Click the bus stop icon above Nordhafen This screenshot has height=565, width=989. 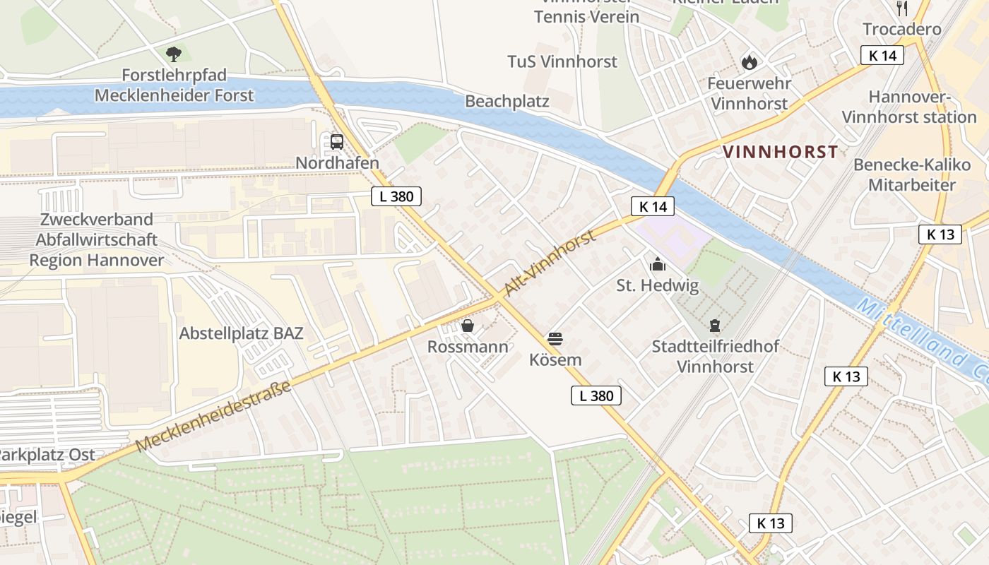(x=337, y=141)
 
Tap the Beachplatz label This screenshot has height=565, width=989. (x=507, y=102)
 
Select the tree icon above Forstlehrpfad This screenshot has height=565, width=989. (x=173, y=54)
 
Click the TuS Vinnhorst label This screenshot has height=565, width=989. (x=562, y=61)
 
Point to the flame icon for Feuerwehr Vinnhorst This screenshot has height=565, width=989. (x=749, y=63)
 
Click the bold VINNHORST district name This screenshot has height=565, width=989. (x=780, y=152)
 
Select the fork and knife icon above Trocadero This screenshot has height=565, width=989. (x=901, y=8)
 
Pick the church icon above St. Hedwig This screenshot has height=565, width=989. (x=658, y=265)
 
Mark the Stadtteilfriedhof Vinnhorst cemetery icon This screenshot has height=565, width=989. (x=715, y=326)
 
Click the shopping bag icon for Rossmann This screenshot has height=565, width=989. (x=467, y=326)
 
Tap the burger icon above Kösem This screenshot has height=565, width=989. (x=555, y=339)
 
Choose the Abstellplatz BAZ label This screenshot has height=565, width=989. (x=241, y=333)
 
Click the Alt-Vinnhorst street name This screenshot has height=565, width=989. (x=550, y=263)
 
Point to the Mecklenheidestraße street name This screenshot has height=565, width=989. (x=213, y=417)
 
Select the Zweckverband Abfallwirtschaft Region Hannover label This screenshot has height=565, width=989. (x=96, y=240)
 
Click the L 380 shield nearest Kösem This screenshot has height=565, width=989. (x=596, y=395)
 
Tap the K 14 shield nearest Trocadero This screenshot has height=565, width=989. (x=882, y=55)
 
